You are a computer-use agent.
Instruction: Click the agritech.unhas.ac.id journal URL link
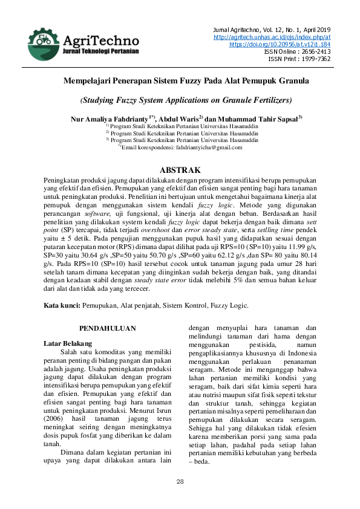[x=272, y=37]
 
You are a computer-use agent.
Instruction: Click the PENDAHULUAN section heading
[x=108, y=328]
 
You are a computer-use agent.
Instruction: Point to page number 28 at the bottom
[x=180, y=481]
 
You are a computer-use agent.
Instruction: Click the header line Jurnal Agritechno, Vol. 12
[x=272, y=30]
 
